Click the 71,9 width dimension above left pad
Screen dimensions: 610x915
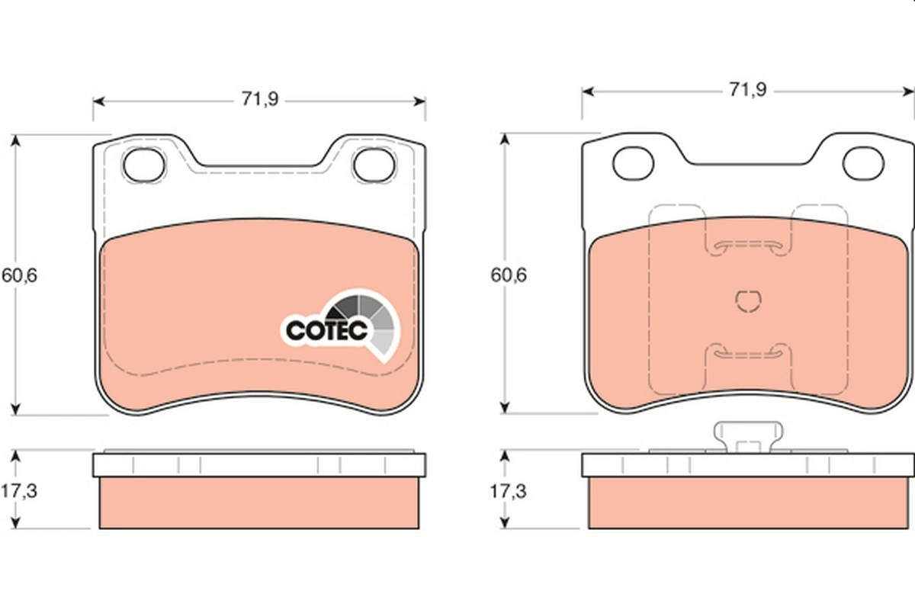pyautogui.click(x=259, y=100)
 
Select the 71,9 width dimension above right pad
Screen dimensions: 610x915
pyautogui.click(x=748, y=90)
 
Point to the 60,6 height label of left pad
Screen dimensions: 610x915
pyautogui.click(x=19, y=275)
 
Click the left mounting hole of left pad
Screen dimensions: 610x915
pyautogui.click(x=144, y=165)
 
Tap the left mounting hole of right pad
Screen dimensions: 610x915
pyautogui.click(x=634, y=162)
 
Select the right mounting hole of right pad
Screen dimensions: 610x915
pyautogui.click(x=862, y=162)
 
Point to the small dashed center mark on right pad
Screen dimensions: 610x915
pyautogui.click(x=748, y=301)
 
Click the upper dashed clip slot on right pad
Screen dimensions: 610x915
pyautogui.click(x=748, y=246)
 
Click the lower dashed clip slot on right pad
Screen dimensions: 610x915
pyautogui.click(x=748, y=352)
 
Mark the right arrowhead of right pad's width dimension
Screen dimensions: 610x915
pyautogui.click(x=909, y=90)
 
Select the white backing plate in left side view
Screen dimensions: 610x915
pyautogui.click(x=259, y=464)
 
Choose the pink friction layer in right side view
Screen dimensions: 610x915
pyautogui.click(x=748, y=502)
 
